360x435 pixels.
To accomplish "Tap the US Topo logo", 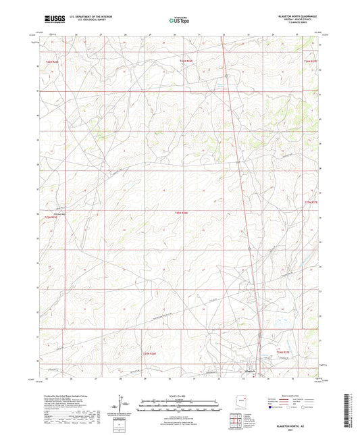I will tap(179, 21).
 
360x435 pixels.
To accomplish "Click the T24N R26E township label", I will tap(186, 61).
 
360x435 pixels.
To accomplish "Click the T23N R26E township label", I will tap(182, 213).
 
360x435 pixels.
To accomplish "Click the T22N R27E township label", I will tap(283, 352).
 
